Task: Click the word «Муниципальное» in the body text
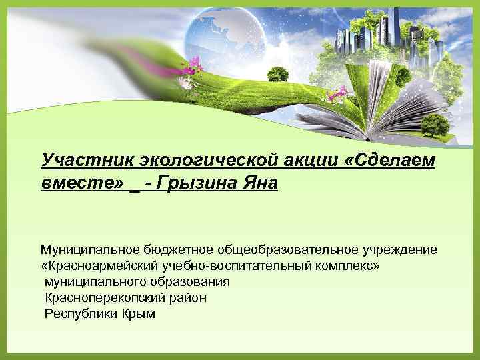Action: click(88, 249)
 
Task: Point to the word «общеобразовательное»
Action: click(287, 249)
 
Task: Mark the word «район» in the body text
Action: click(186, 297)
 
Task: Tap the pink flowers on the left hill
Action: click(193, 65)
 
